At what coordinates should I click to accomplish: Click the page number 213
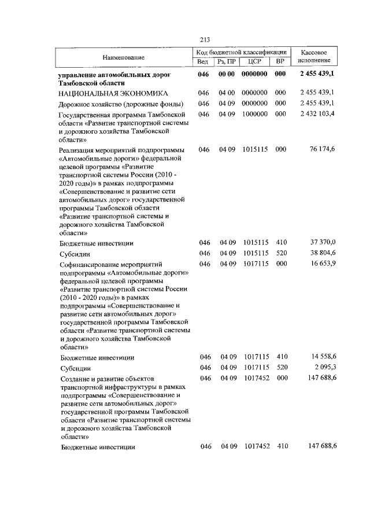204,39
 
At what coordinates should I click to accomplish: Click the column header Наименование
124,57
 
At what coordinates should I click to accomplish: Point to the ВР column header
280,61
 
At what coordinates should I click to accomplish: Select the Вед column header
203,61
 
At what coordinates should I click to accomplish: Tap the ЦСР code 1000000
254,115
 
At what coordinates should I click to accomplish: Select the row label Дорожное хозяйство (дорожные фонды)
121,104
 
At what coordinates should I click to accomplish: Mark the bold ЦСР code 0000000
254,75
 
